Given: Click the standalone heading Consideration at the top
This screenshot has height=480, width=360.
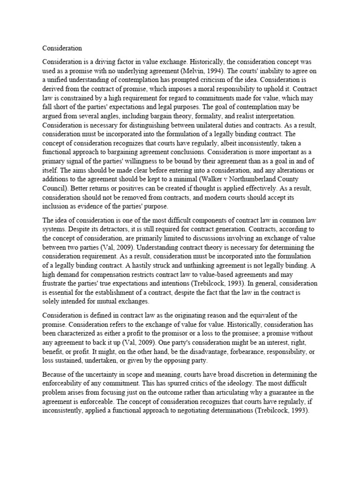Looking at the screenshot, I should coord(62,48).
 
